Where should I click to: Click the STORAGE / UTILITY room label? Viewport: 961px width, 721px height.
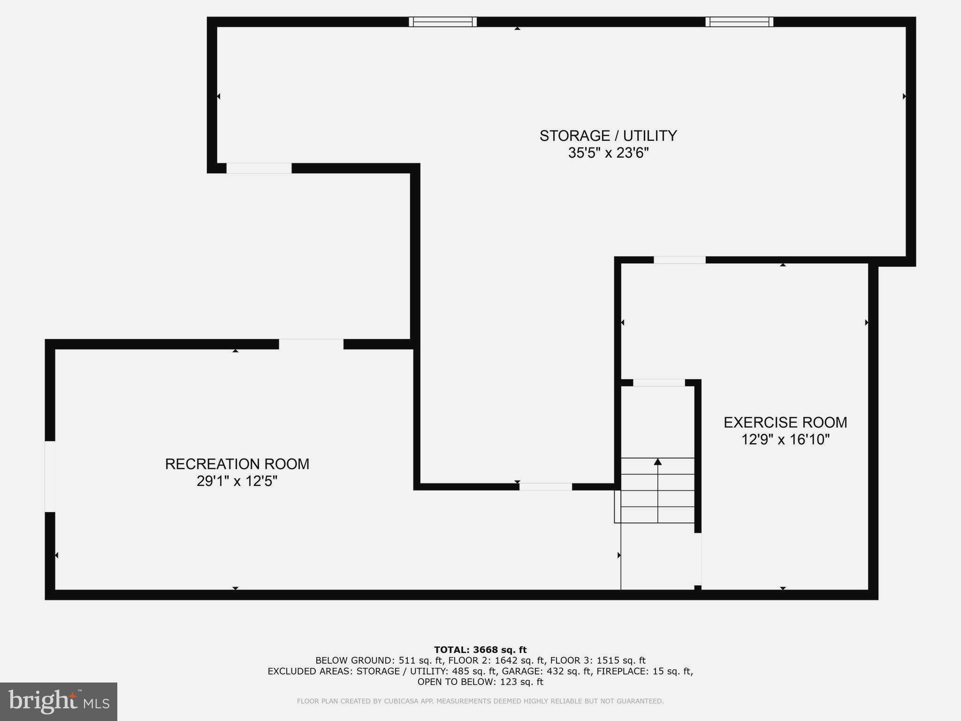[608, 136]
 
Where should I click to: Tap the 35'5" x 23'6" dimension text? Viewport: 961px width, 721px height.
[608, 153]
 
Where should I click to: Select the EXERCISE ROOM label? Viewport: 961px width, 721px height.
[785, 422]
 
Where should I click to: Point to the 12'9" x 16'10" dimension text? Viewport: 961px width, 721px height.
[785, 440]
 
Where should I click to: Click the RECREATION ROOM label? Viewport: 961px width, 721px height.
[237, 464]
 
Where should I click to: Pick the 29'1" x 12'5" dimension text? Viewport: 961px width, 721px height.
[237, 481]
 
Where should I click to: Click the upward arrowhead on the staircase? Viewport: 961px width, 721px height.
[657, 462]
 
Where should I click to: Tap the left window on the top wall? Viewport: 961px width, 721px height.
[442, 22]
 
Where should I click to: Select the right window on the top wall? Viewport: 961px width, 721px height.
[739, 22]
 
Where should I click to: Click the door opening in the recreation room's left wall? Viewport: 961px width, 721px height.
[50, 476]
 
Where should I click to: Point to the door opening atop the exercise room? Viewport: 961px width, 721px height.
[679, 260]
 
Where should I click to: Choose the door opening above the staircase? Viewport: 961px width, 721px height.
[659, 383]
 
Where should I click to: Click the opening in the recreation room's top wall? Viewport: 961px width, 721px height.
[311, 344]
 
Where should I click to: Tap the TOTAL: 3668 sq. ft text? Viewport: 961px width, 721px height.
[480, 650]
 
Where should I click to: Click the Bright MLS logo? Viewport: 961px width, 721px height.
[59, 701]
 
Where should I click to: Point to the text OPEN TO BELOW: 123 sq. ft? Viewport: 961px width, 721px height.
[480, 682]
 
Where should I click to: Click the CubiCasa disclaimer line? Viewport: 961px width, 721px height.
[480, 701]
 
